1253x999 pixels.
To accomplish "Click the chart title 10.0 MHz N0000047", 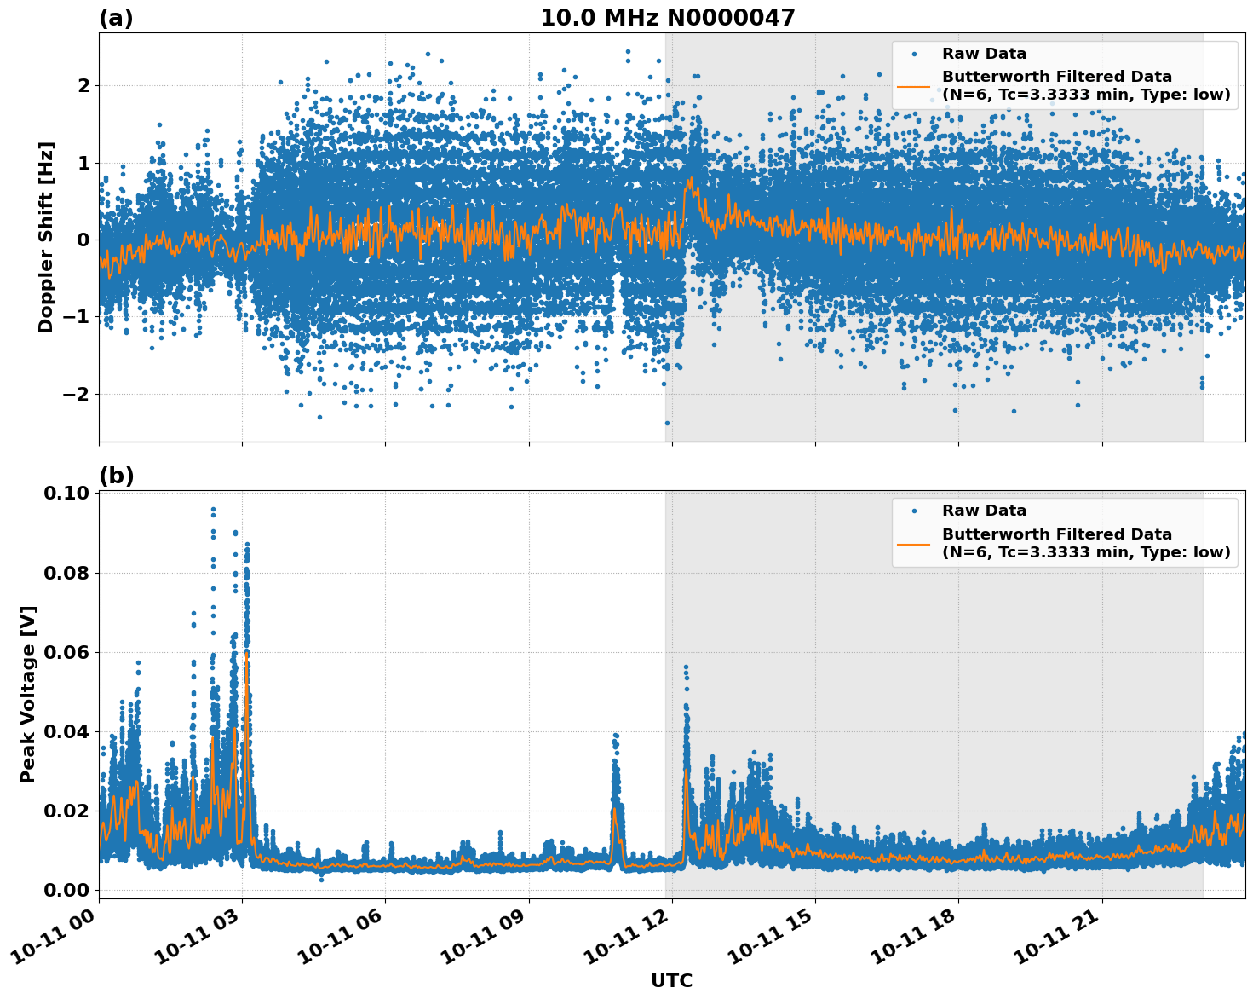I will (x=667, y=18).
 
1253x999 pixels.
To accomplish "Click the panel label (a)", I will (x=116, y=18).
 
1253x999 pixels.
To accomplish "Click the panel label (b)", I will (x=116, y=476).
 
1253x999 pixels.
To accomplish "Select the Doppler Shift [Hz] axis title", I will (x=46, y=237).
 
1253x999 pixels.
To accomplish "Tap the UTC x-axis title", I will (x=671, y=980).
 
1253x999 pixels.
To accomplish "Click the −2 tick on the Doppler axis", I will (x=77, y=394).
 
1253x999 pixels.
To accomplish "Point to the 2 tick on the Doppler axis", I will (x=83, y=85).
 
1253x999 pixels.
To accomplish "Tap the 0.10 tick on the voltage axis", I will (x=69, y=494).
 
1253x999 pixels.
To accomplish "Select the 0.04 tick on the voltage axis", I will (x=69, y=731).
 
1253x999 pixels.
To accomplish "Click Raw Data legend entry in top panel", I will (x=984, y=54).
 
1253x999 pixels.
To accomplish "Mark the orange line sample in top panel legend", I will (x=913, y=86).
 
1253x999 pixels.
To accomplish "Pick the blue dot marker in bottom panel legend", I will (x=913, y=511).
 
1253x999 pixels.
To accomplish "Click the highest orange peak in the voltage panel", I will (x=246, y=655).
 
